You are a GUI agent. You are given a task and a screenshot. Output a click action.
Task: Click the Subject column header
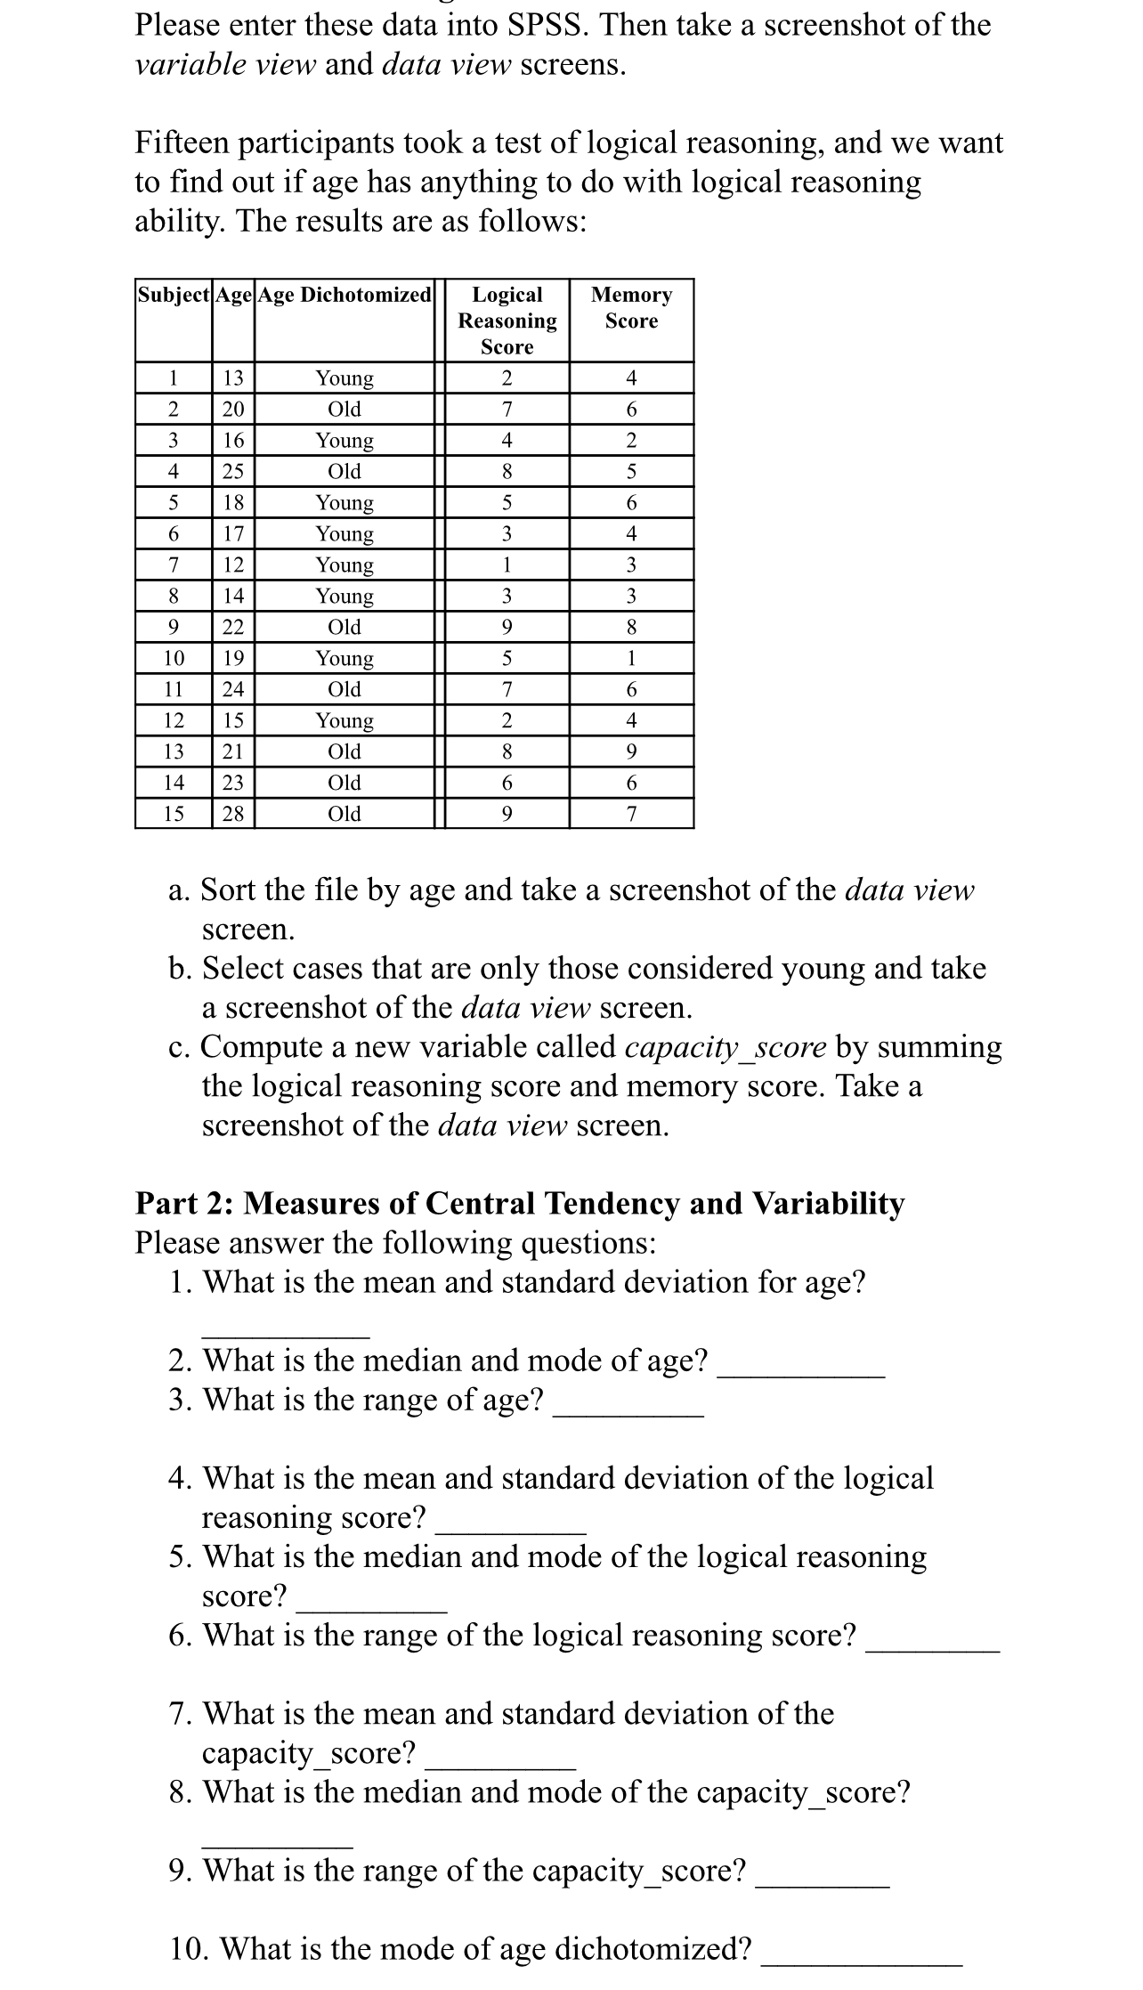pyautogui.click(x=174, y=295)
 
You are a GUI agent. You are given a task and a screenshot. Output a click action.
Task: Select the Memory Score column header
pyautogui.click(x=631, y=307)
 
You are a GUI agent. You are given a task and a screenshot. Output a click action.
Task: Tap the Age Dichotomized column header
pyautogui.click(x=345, y=295)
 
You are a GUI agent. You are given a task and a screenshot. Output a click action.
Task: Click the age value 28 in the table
pyautogui.click(x=233, y=814)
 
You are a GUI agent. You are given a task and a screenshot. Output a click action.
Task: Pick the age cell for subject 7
pyautogui.click(x=233, y=565)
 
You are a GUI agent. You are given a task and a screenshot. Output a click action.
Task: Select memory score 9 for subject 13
pyautogui.click(x=631, y=751)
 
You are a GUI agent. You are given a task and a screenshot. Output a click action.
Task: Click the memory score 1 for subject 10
pyautogui.click(x=631, y=658)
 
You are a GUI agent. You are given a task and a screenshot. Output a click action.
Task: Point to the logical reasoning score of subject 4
pyautogui.click(x=507, y=471)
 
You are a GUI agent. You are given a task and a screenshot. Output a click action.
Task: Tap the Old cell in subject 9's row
pyautogui.click(x=345, y=627)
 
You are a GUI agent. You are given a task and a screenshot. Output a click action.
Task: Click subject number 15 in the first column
pyautogui.click(x=174, y=814)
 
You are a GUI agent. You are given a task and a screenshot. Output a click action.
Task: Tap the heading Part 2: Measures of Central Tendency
pyautogui.click(x=519, y=1203)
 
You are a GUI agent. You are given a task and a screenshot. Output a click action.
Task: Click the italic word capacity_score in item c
pyautogui.click(x=726, y=1047)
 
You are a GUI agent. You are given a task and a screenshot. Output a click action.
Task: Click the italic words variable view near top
pyautogui.click(x=225, y=65)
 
